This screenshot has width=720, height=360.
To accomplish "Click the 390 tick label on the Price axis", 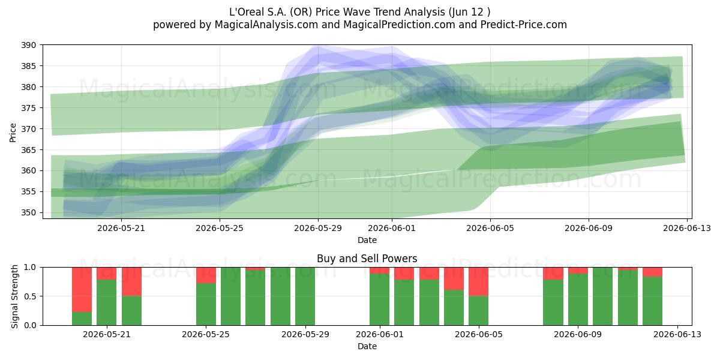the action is pyautogui.click(x=29, y=45).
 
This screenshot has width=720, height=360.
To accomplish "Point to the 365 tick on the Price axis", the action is pyautogui.click(x=29, y=150).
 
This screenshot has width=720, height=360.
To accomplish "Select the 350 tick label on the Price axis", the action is pyautogui.click(x=29, y=213).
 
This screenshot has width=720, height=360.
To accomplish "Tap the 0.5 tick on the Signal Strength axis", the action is pyautogui.click(x=30, y=296).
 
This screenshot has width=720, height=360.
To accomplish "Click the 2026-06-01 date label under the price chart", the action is pyautogui.click(x=392, y=228).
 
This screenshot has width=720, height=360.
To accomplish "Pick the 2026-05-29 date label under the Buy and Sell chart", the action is pyautogui.click(x=305, y=335).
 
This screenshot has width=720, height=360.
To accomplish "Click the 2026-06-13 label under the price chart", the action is pyautogui.click(x=687, y=228).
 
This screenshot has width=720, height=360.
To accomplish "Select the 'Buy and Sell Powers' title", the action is pyautogui.click(x=367, y=259).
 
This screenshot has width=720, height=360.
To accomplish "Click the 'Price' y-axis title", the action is pyautogui.click(x=13, y=133).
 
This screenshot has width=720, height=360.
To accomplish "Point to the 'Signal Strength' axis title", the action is pyautogui.click(x=14, y=296).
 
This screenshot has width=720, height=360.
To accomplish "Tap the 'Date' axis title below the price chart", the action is pyautogui.click(x=367, y=240).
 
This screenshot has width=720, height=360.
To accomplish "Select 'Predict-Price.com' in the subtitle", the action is pyautogui.click(x=524, y=25).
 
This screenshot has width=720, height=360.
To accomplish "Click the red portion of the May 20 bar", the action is pyautogui.click(x=82, y=290).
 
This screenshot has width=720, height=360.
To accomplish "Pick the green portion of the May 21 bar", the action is pyautogui.click(x=107, y=302).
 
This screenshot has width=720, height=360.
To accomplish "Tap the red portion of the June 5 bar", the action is pyautogui.click(x=479, y=281).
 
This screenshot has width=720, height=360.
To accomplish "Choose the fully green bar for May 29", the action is pyautogui.click(x=305, y=296).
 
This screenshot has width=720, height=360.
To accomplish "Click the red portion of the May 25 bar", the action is pyautogui.click(x=206, y=275).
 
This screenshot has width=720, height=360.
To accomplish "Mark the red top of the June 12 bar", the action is pyautogui.click(x=653, y=272).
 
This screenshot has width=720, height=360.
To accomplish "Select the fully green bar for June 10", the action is pyautogui.click(x=603, y=296).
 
